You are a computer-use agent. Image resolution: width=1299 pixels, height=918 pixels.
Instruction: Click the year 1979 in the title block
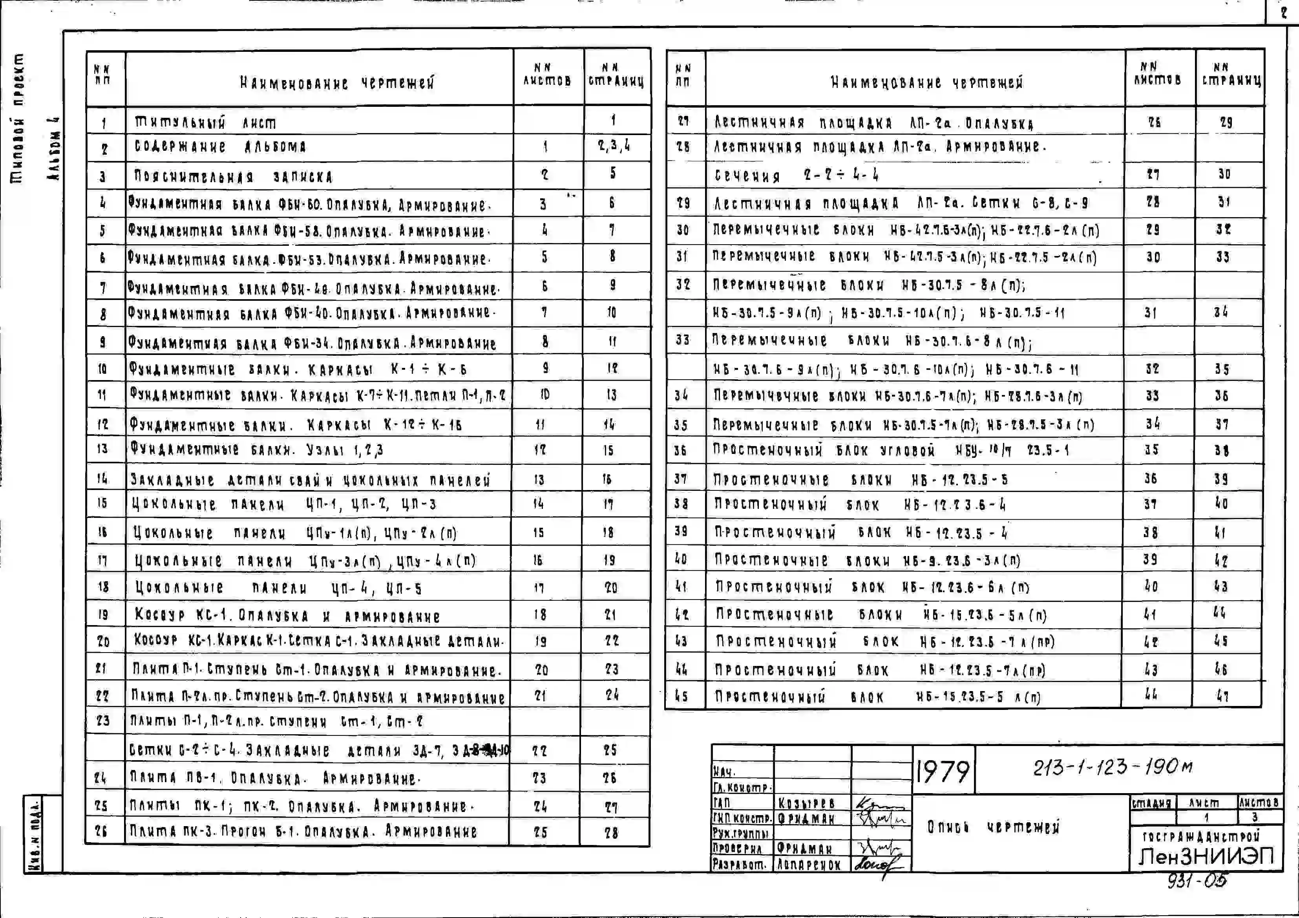click(943, 770)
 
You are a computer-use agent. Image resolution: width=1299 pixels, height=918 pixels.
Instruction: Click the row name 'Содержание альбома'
click(220, 147)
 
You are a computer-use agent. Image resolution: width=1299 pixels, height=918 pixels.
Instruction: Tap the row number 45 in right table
click(682, 696)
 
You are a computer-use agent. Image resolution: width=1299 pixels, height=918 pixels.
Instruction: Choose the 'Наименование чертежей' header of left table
click(337, 83)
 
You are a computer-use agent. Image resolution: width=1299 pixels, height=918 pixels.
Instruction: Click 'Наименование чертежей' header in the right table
click(927, 82)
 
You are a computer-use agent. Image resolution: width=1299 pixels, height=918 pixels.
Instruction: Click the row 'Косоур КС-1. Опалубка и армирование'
click(287, 615)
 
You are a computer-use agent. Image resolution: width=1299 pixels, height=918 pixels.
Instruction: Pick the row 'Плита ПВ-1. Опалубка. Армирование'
click(275, 778)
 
